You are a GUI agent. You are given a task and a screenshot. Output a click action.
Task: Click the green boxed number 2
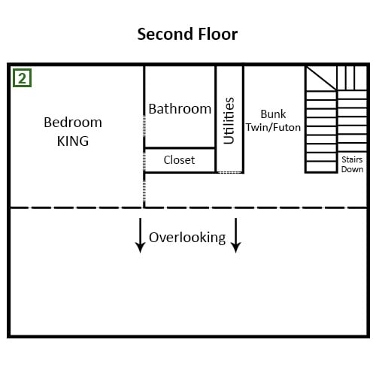click(x=22, y=78)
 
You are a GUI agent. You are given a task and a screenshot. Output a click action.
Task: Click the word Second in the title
click(x=165, y=34)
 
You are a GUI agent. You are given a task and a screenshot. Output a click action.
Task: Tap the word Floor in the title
click(x=218, y=34)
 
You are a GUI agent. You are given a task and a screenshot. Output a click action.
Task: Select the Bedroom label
click(x=73, y=123)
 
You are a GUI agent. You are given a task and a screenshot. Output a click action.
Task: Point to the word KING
click(x=73, y=141)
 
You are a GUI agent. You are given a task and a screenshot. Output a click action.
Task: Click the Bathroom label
click(x=180, y=109)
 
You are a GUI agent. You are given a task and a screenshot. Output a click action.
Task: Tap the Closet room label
click(x=179, y=160)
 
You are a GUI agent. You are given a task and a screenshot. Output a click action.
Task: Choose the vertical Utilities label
click(x=229, y=120)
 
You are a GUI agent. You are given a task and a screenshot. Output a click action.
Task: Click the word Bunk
click(x=273, y=114)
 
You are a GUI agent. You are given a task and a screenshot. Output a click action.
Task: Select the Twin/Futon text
click(x=273, y=127)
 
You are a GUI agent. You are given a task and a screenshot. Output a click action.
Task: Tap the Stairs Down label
click(x=352, y=164)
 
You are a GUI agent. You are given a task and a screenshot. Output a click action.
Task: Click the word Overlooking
click(x=187, y=238)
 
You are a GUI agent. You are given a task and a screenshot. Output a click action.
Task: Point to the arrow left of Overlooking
click(x=140, y=235)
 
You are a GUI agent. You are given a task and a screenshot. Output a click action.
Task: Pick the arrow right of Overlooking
click(x=235, y=235)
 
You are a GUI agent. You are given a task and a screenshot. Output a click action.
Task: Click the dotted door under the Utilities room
click(x=229, y=172)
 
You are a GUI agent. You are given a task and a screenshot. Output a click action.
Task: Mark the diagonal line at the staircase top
click(x=321, y=78)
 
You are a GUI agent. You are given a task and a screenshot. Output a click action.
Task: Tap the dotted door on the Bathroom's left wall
click(x=144, y=126)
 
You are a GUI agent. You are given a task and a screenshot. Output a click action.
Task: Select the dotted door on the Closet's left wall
click(x=144, y=161)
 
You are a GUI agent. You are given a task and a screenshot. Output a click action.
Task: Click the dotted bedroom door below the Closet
click(x=144, y=190)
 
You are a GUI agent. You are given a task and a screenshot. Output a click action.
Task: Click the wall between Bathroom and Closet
click(x=180, y=148)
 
